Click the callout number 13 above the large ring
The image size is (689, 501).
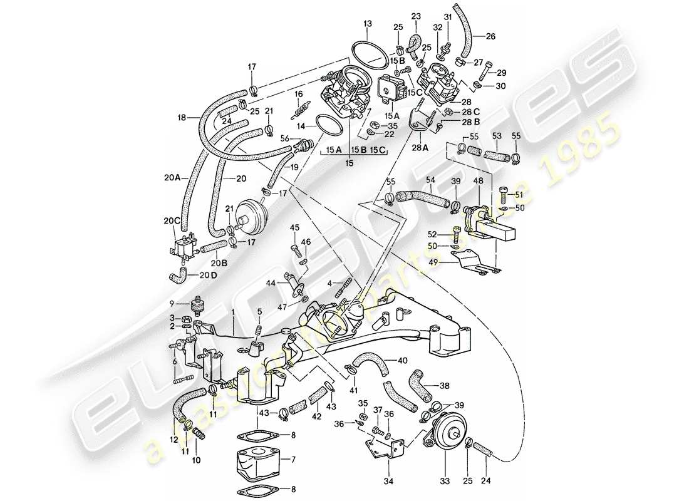pos(367,24)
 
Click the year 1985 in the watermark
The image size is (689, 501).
pos(586,153)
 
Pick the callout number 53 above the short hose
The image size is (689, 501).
pos(497,135)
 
